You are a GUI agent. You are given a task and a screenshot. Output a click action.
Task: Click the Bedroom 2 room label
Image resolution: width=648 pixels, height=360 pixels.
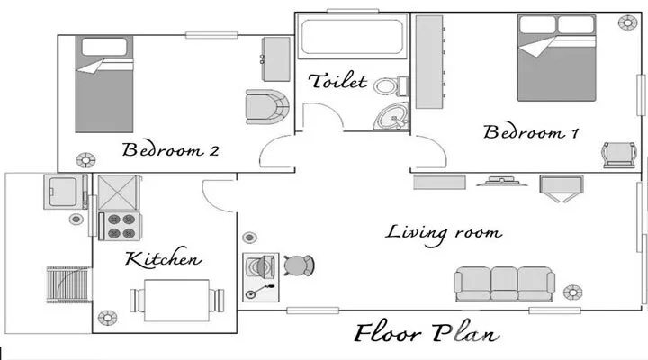coord(170,149)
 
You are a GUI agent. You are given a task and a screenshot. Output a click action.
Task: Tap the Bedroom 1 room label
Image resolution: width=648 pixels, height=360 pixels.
coord(531,131)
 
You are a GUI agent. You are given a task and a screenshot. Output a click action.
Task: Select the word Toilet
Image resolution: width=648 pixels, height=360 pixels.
coord(337,81)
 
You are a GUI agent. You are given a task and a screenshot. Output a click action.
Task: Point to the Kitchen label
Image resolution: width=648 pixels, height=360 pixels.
coord(163,258)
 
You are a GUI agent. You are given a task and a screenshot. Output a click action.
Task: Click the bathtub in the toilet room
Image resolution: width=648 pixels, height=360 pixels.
coord(352,36)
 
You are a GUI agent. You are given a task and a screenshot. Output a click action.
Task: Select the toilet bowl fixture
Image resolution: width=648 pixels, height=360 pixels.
coord(391,86)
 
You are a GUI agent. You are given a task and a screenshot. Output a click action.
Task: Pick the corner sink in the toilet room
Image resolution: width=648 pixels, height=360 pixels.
coord(391,116)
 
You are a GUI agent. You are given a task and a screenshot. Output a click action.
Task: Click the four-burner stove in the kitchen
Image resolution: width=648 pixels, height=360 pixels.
coord(121,226)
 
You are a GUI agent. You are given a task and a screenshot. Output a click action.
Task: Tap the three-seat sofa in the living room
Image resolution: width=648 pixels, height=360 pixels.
coord(504,283)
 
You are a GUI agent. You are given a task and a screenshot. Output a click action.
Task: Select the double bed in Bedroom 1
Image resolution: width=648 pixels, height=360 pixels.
coord(556,58)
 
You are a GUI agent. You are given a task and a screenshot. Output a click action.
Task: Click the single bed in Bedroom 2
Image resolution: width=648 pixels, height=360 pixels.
coord(104,85)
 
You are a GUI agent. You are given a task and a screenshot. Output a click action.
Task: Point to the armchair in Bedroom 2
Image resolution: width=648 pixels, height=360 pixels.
coord(267,106)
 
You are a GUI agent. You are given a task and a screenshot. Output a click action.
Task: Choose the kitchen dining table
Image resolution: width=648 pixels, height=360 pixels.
coord(177,301)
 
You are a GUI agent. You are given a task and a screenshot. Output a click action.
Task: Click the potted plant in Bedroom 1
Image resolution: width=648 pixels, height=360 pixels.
coord(627,22)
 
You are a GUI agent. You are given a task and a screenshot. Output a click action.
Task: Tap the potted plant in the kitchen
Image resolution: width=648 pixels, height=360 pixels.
coord(107,318)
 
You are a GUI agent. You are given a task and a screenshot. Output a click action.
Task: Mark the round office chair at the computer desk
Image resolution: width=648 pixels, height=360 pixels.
coord(299,265)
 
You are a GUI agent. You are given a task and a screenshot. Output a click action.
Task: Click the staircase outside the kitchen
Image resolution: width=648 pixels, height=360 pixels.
coord(69,284)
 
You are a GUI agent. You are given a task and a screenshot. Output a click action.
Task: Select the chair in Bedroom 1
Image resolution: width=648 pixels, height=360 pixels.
coord(619,155)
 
